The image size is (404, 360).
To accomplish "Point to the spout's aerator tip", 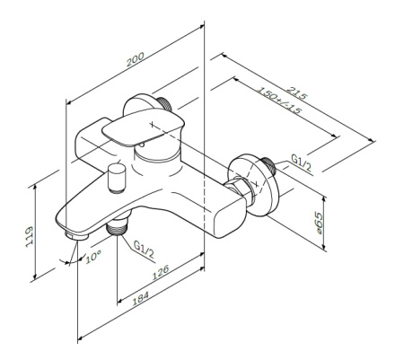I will [75, 234].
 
